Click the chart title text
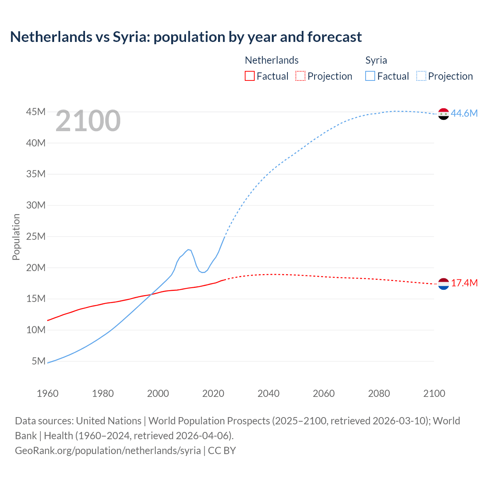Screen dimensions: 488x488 pyautogui.click(x=186, y=37)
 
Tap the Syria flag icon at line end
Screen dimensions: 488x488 pyautogui.click(x=443, y=114)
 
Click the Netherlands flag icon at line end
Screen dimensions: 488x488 pyautogui.click(x=443, y=284)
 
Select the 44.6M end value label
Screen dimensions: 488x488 pyautogui.click(x=464, y=114)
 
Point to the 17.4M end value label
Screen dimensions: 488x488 pyautogui.click(x=464, y=283)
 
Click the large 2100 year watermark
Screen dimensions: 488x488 pyautogui.click(x=88, y=121)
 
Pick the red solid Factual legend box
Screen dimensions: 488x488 pyautogui.click(x=249, y=76)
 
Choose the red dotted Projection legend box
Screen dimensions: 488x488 pyautogui.click(x=300, y=76)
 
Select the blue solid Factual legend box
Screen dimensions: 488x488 pyautogui.click(x=370, y=76)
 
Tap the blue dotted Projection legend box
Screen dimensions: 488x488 pyautogui.click(x=421, y=76)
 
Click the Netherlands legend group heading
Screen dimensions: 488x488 pyautogui.click(x=271, y=60)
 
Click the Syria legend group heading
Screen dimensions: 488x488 pyautogui.click(x=376, y=60)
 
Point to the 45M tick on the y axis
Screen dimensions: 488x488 pyautogui.click(x=36, y=112)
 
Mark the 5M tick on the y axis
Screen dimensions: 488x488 pyautogui.click(x=39, y=361)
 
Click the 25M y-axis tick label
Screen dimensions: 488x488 pyautogui.click(x=36, y=237)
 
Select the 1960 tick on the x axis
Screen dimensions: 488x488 pyautogui.click(x=47, y=393)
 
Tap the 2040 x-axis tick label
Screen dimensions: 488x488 pyautogui.click(x=268, y=393)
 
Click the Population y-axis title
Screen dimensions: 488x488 pyautogui.click(x=16, y=237)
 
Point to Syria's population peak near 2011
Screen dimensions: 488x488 pyautogui.click(x=188, y=249)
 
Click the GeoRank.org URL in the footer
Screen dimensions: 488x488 pyautogui.click(x=108, y=451)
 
